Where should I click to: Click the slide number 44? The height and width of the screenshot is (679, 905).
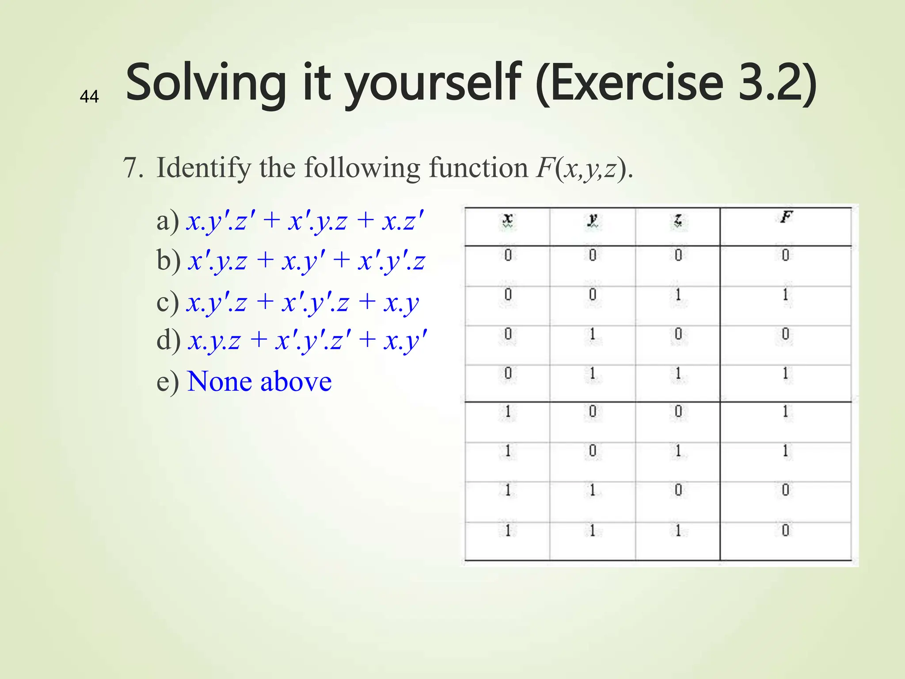[x=89, y=96]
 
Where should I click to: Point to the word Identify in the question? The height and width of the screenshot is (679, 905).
[x=204, y=168]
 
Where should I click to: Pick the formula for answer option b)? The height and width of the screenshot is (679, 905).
[x=306, y=260]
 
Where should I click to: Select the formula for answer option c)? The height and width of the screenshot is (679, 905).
[x=303, y=302]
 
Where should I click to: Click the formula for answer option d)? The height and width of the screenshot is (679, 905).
[x=308, y=341]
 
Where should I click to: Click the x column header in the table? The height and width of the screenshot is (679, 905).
[x=508, y=219]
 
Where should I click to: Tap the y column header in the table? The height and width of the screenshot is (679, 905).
[x=593, y=219]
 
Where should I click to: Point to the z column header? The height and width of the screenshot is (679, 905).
[x=678, y=219]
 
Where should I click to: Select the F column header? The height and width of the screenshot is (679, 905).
[x=786, y=217]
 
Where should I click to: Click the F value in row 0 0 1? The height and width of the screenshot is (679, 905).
[x=785, y=294]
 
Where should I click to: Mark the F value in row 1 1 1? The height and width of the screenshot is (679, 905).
[x=785, y=530]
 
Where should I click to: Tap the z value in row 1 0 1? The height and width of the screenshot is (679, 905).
[x=678, y=451]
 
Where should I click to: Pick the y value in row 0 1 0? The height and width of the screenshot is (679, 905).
[x=593, y=334]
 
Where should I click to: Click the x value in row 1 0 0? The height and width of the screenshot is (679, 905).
[x=508, y=412]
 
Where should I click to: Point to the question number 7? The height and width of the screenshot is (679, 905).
[x=133, y=168]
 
